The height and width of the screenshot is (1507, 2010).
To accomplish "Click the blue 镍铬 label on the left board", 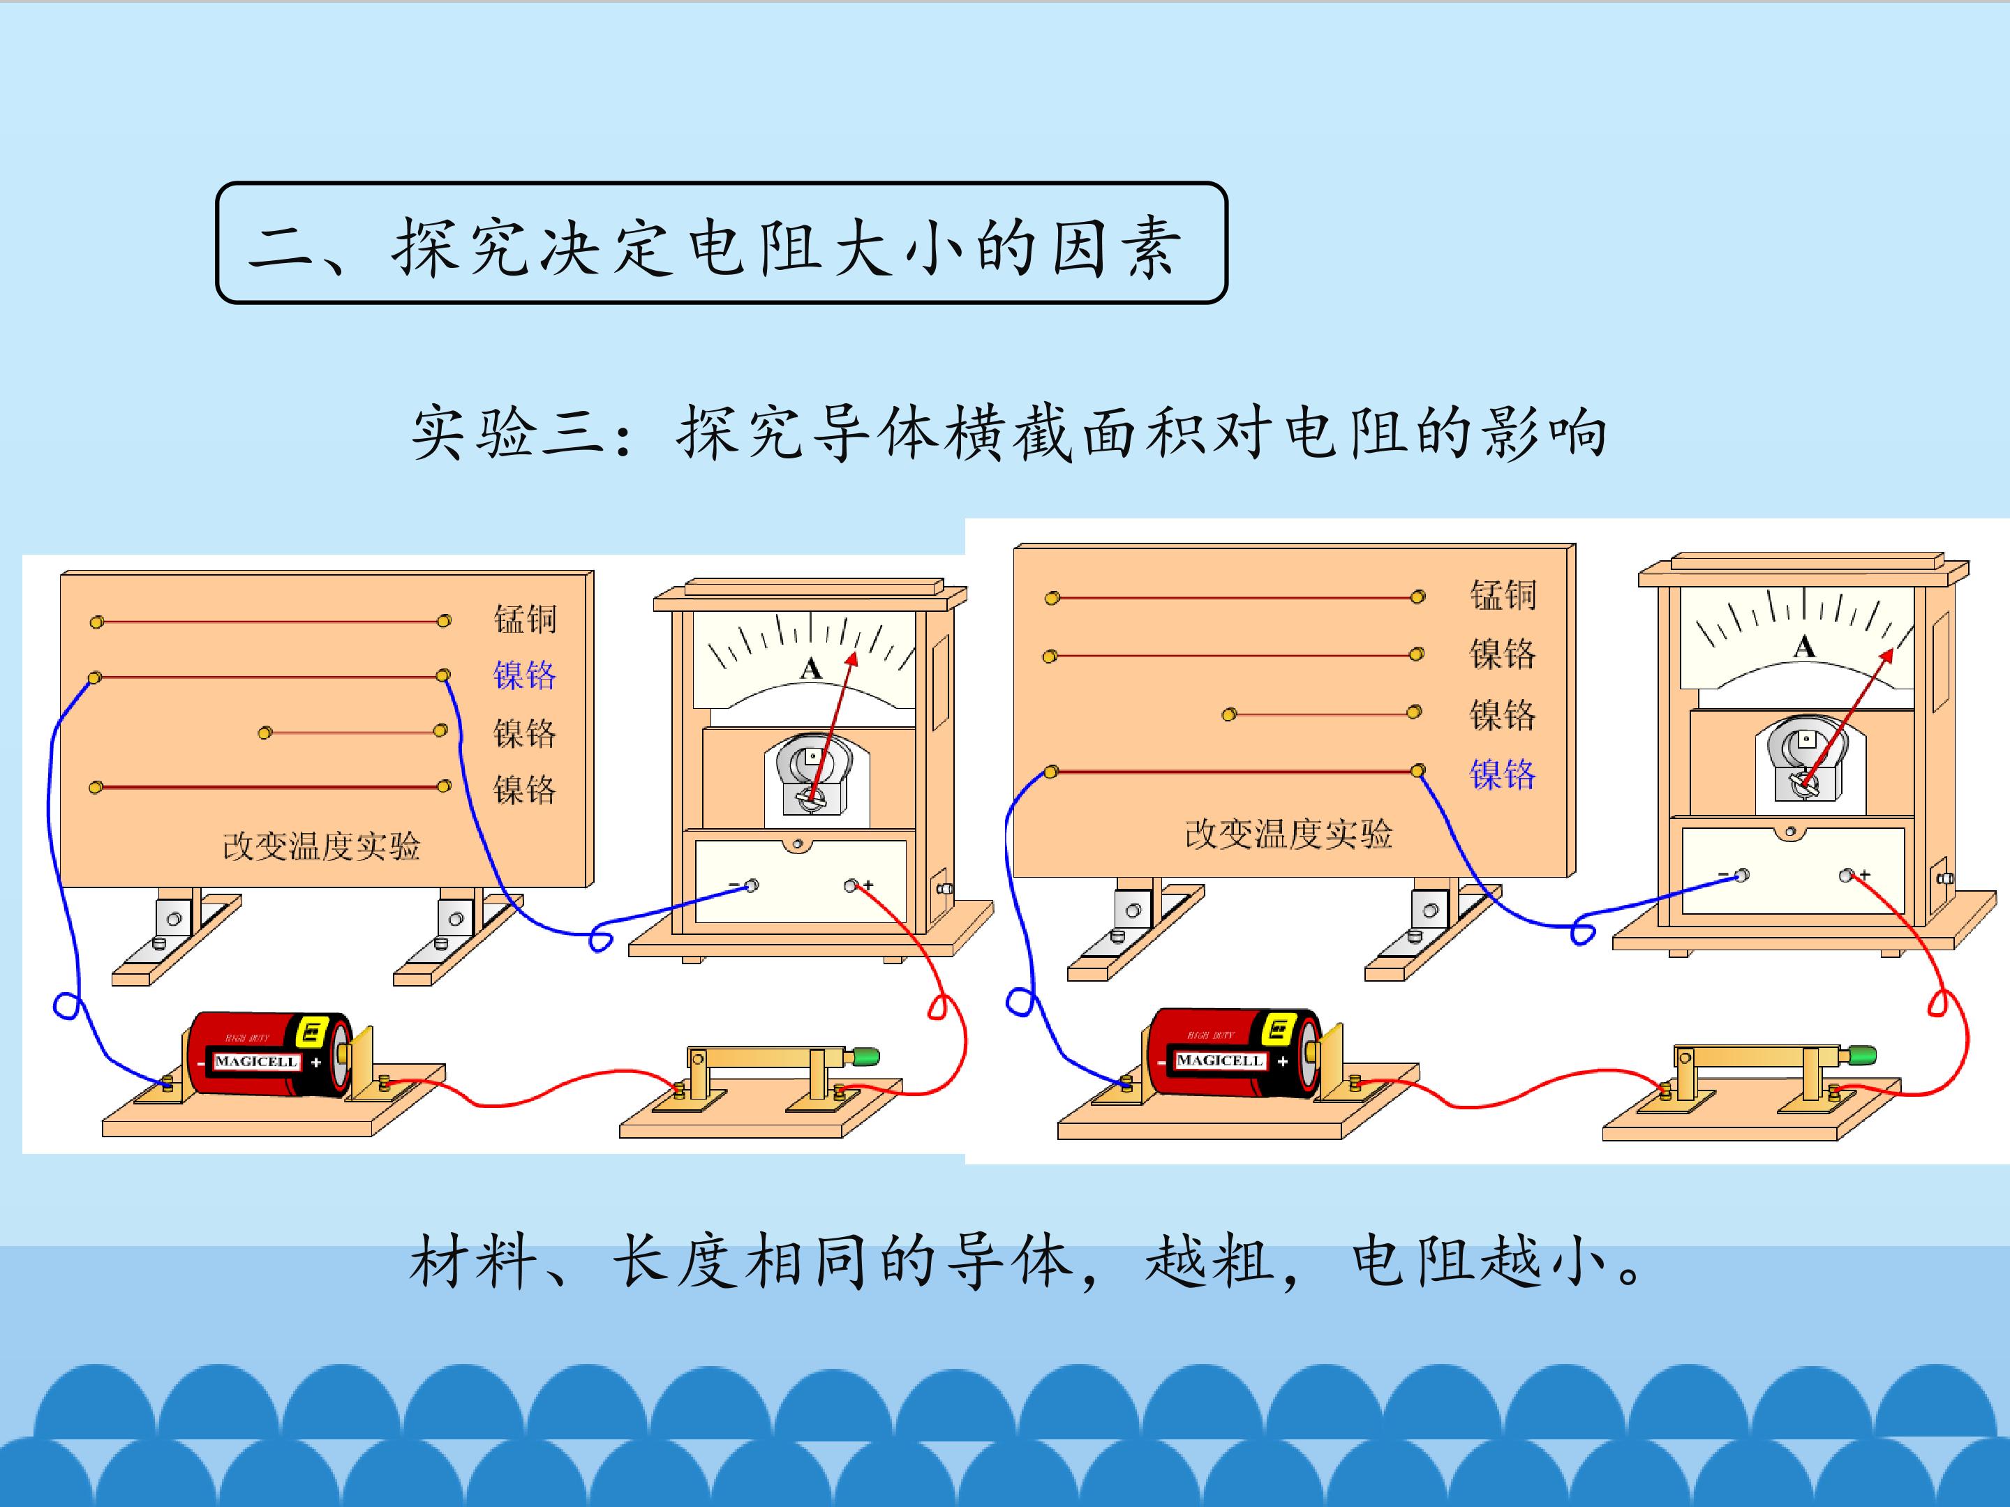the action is pos(524,675).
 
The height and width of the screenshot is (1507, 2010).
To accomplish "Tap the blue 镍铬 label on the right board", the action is pos(1503,774).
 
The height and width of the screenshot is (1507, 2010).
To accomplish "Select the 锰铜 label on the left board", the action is pos(524,619).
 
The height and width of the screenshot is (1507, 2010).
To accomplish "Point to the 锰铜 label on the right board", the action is pos(1503,595).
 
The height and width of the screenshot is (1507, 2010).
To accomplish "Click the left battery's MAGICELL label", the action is pos(256,1061).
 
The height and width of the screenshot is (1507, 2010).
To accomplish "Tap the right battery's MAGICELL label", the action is pos(1219,1060).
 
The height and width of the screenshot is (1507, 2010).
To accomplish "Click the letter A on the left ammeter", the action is pos(810,670).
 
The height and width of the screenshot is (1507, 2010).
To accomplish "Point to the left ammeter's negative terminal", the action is pos(752,885).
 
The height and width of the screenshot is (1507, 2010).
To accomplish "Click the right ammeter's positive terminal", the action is pos(1847,876).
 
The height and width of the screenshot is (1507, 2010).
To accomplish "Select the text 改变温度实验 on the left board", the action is pos(322,846).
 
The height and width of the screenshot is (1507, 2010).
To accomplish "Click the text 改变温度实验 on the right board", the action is pos(1288,834).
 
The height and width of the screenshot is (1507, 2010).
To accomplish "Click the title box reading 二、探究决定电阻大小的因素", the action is pos(722,243).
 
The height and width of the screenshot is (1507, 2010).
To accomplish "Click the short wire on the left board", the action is pos(352,731).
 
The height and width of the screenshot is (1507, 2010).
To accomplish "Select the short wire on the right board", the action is pos(1321,714).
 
